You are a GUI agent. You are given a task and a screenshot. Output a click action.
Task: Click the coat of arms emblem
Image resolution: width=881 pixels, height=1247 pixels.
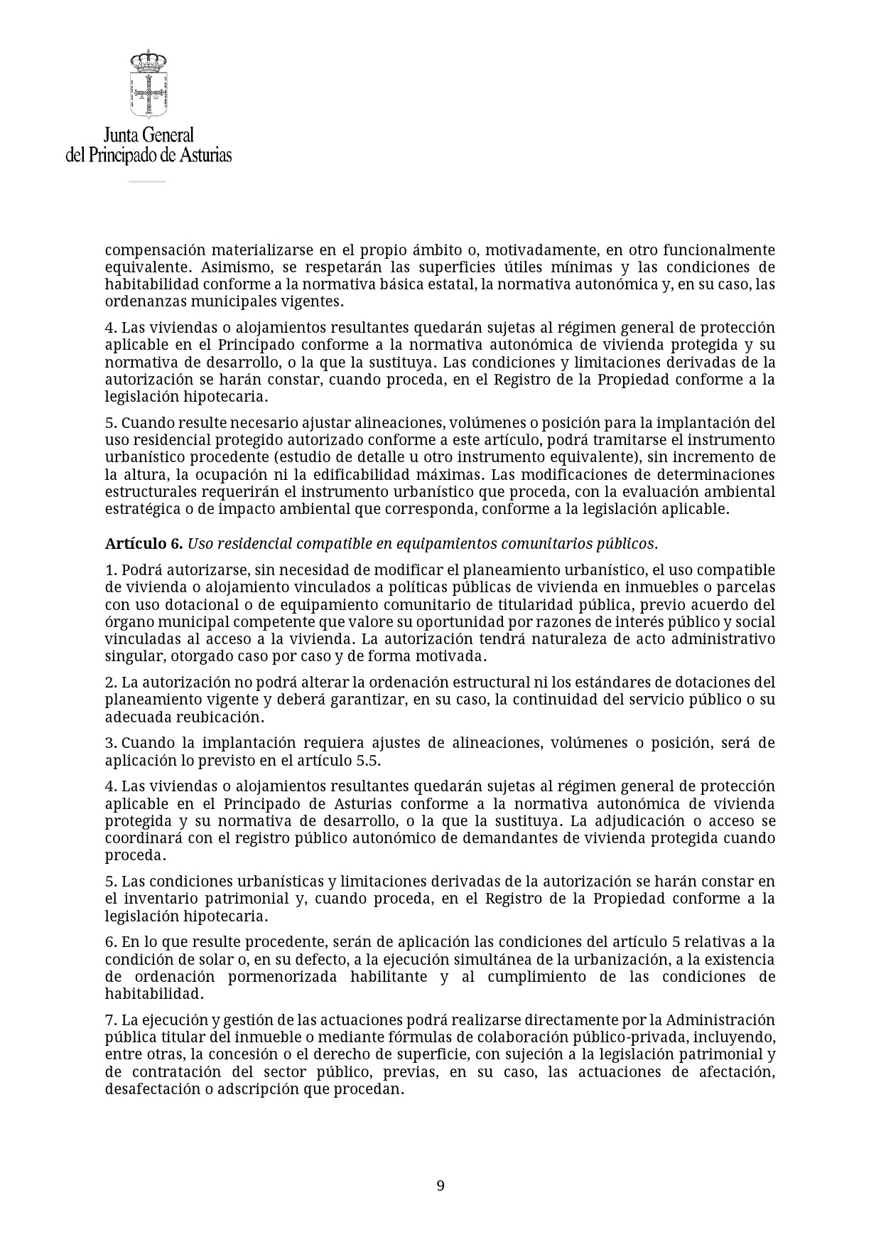(148, 84)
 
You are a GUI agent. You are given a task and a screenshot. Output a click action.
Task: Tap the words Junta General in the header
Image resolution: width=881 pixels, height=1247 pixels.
(148, 135)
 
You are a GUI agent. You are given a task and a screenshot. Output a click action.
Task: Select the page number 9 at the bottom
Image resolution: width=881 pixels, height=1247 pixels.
(440, 1185)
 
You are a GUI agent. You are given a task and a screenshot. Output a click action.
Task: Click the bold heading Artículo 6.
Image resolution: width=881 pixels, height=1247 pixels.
(144, 544)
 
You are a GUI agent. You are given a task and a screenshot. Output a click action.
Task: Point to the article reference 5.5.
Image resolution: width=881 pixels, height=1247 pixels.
(367, 760)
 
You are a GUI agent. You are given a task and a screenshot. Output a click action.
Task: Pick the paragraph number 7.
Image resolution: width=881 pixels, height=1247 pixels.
(110, 1020)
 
